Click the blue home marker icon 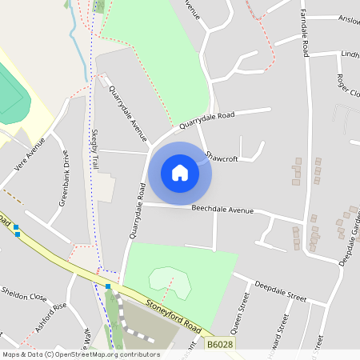point(180,173)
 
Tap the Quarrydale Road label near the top point(206,121)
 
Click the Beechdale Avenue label point(222,210)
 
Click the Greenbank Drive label point(69,178)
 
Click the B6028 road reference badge point(220,344)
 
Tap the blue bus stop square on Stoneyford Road point(108,286)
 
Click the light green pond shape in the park point(170,281)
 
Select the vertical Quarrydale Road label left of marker point(135,211)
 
